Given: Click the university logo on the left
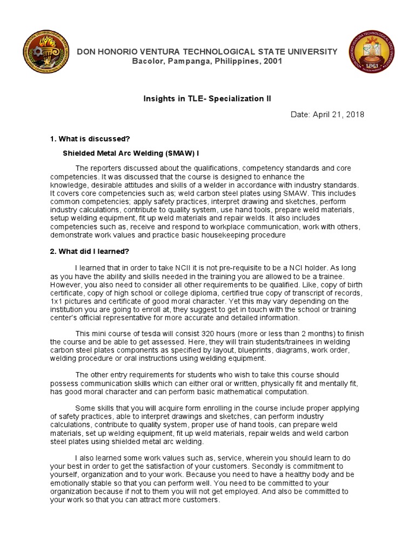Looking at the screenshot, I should click(46, 55).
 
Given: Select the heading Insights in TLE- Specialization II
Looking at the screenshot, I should click(207, 99).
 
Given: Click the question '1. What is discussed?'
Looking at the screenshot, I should click(90, 139).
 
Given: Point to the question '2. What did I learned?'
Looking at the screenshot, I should click(90, 251).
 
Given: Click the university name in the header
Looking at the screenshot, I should click(207, 51).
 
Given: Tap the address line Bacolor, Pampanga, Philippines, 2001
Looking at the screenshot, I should click(207, 61).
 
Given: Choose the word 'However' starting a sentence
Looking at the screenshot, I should click(65, 284).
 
